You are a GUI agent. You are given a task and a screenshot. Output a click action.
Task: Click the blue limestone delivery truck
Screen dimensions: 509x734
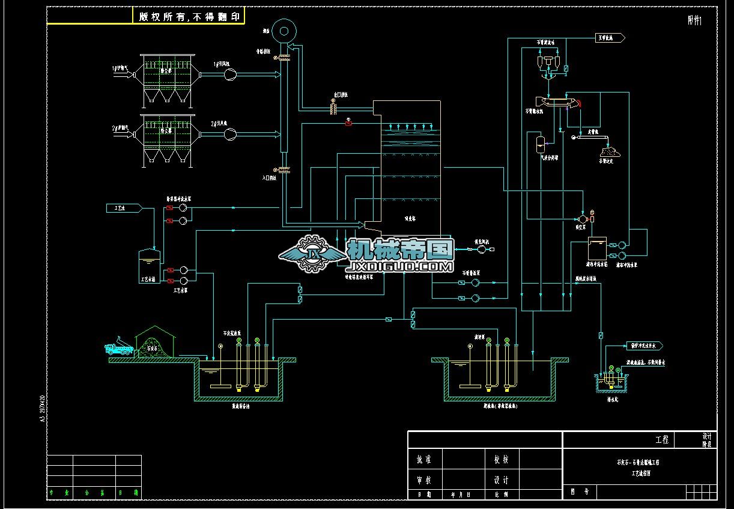click(118, 349)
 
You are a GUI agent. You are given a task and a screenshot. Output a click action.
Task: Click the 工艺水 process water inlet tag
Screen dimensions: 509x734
click(124, 208)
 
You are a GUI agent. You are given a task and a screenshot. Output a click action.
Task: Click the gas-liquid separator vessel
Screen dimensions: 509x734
click(539, 143)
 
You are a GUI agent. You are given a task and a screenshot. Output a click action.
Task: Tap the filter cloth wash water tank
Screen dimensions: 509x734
click(597, 248)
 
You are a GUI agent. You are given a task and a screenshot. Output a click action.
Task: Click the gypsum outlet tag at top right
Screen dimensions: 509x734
click(610, 38)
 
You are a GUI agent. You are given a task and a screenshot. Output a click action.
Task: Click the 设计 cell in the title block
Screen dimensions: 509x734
click(502, 480)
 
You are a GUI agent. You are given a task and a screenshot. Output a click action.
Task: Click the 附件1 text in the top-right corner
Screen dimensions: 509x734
click(694, 20)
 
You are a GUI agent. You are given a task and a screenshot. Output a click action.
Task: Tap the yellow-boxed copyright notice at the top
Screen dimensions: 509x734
click(188, 17)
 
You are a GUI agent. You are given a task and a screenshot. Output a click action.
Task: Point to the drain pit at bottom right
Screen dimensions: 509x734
click(610, 383)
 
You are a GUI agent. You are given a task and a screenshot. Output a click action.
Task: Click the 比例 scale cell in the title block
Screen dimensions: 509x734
click(502, 495)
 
